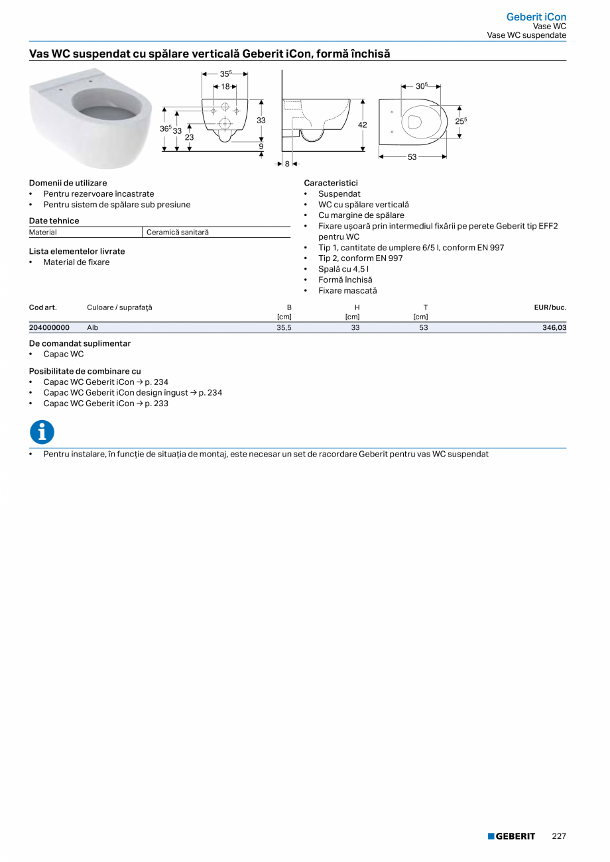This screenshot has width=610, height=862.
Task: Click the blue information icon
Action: tap(42, 432)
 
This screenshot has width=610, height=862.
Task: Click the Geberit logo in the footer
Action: tap(511, 836)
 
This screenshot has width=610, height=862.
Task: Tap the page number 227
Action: tap(559, 836)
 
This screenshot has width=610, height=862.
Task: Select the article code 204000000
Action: tap(49, 327)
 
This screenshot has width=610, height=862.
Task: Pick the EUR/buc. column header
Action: tap(550, 307)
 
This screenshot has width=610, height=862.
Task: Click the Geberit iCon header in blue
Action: tap(536, 17)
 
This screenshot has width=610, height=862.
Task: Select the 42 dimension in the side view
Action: tap(363, 125)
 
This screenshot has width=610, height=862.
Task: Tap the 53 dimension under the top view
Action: tap(412, 157)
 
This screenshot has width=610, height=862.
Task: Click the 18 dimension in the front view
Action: tap(225, 87)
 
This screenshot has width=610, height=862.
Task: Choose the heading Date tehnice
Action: tap(54, 221)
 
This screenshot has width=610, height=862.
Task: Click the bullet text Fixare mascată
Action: tap(347, 290)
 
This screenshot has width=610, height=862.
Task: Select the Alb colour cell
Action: tap(93, 327)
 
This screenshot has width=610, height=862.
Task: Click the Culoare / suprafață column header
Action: tap(119, 307)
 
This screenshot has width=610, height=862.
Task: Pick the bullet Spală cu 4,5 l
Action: tap(343, 269)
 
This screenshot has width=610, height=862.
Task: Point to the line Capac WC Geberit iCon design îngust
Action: tap(133, 393)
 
